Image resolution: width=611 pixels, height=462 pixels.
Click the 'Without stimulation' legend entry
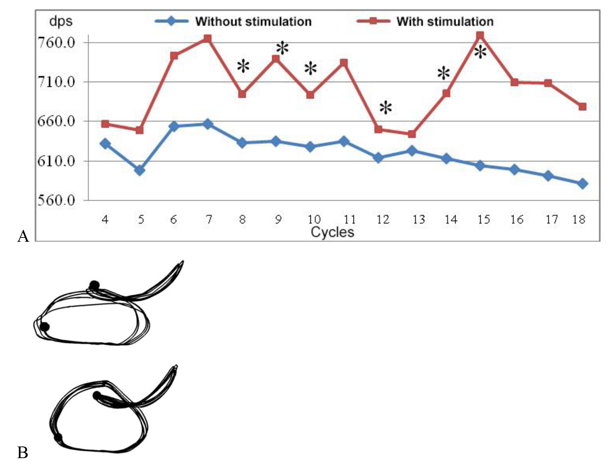[253, 21]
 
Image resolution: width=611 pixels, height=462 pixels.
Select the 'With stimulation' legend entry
[445, 21]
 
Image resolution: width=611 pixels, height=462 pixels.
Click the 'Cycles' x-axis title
[332, 232]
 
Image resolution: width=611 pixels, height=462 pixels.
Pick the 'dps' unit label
[61, 21]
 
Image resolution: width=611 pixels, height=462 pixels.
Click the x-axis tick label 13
[418, 220]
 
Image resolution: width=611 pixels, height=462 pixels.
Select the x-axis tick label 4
[105, 220]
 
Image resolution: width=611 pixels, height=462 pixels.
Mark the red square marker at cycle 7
[208, 38]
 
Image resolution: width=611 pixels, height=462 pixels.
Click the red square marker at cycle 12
[379, 129]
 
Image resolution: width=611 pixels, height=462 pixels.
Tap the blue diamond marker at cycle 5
[140, 170]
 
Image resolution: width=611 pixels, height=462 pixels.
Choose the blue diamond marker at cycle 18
[582, 183]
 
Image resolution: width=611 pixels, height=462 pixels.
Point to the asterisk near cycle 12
[385, 107]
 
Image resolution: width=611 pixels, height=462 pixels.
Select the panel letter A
[23, 236]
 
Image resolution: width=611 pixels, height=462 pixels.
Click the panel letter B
[23, 452]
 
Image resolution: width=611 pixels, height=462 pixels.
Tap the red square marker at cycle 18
[582, 106]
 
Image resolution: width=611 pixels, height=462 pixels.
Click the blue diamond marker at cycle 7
[208, 124]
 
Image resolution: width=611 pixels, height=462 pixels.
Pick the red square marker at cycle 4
[105, 124]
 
